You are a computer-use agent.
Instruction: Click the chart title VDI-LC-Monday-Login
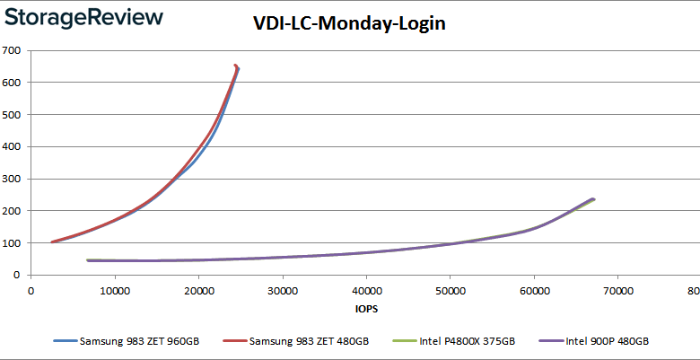[349, 24]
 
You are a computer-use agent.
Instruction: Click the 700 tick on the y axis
[12, 50]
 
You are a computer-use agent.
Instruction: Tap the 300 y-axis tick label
[12, 179]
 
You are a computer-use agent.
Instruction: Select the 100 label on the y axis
[12, 243]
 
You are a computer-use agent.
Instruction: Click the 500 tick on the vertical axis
[12, 115]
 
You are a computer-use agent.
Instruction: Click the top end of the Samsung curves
[236, 66]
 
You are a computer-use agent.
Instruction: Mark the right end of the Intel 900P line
[593, 199]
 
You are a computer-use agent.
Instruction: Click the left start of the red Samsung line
[53, 241]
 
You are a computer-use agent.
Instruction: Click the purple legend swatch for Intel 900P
[550, 342]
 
